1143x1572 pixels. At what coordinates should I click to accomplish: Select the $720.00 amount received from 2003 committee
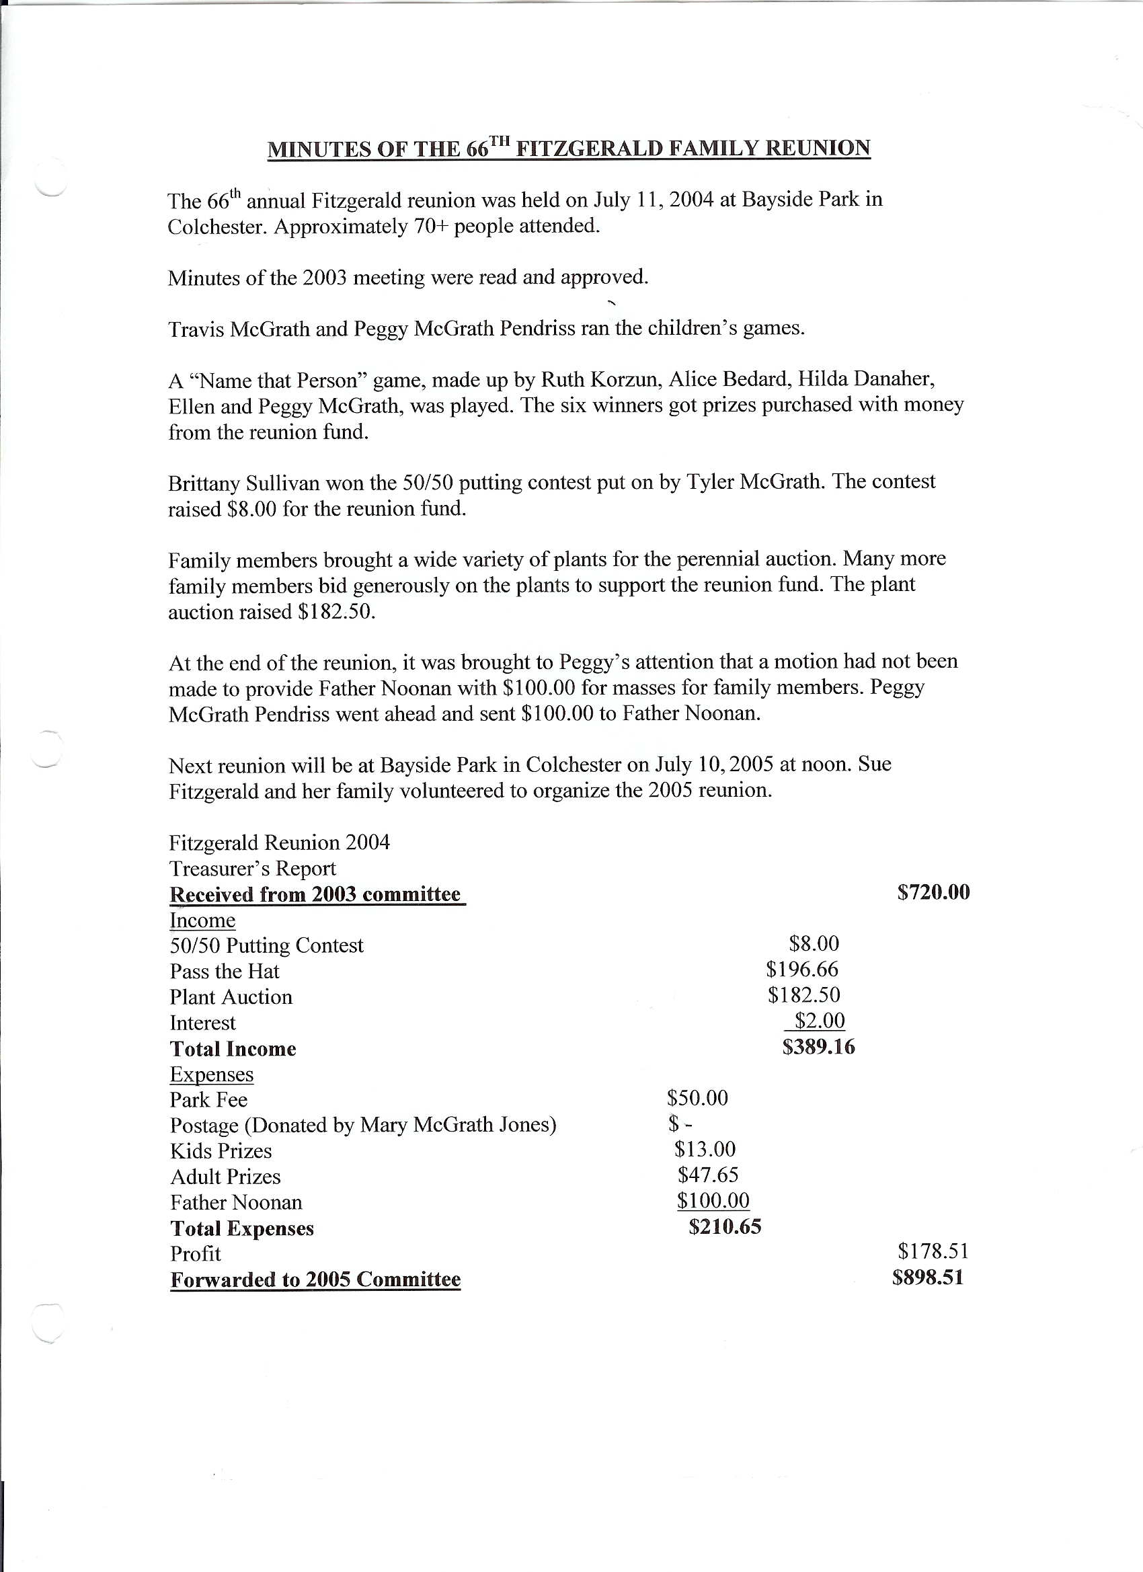pyautogui.click(x=933, y=892)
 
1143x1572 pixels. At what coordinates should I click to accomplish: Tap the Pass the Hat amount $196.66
pyautogui.click(x=802, y=969)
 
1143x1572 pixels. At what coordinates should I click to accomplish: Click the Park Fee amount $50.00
pyautogui.click(x=697, y=1098)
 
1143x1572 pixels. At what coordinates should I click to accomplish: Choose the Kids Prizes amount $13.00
pyautogui.click(x=704, y=1149)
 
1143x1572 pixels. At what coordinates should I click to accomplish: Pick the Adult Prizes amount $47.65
pyautogui.click(x=708, y=1175)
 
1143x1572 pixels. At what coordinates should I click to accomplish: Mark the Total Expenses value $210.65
pyautogui.click(x=724, y=1227)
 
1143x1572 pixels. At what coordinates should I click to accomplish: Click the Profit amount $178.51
pyautogui.click(x=933, y=1251)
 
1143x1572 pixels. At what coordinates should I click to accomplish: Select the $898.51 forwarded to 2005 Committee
pyautogui.click(x=928, y=1278)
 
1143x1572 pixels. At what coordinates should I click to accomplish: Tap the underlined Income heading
pyautogui.click(x=202, y=920)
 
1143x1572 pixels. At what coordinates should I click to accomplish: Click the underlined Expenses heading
pyautogui.click(x=211, y=1074)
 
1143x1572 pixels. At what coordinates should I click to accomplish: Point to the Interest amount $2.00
pyautogui.click(x=820, y=1020)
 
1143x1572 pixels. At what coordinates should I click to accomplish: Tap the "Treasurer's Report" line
pyautogui.click(x=252, y=869)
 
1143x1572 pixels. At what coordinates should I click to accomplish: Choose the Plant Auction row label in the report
pyautogui.click(x=231, y=997)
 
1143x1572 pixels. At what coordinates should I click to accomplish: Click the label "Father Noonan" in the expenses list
pyautogui.click(x=236, y=1203)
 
